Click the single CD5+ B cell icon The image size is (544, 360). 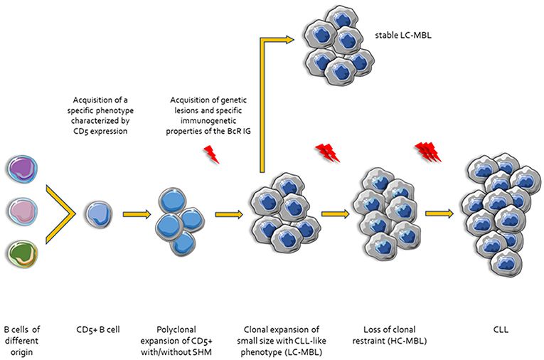tap(97, 213)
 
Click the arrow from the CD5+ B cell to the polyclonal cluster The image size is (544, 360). tap(135, 213)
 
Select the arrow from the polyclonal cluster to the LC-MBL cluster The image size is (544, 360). tap(228, 213)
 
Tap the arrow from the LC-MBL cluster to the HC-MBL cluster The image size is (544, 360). tap(335, 213)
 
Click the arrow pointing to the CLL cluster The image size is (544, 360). tap(439, 213)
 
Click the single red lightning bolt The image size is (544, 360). tap(210, 153)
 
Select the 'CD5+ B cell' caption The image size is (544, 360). tap(97, 330)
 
